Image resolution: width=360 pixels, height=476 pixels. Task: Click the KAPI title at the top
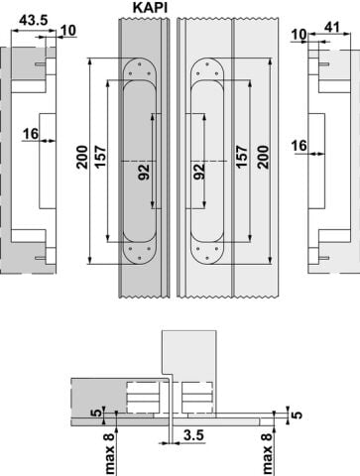coord(150,7)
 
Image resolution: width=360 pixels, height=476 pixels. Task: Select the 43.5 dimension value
coord(34,21)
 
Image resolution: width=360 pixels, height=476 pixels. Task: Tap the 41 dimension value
coord(332,27)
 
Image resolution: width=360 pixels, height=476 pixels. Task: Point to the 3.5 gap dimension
coord(193,435)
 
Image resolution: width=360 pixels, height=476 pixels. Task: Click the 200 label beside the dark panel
coord(82,158)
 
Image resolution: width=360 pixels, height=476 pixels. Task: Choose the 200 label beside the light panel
coord(263,158)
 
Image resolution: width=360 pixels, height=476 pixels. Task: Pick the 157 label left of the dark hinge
coord(101,157)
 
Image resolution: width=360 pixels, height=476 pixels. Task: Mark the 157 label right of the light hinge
coord(242,157)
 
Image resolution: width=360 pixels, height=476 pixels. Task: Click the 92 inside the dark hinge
coord(144,172)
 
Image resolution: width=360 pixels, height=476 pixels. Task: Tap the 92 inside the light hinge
coord(199,172)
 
